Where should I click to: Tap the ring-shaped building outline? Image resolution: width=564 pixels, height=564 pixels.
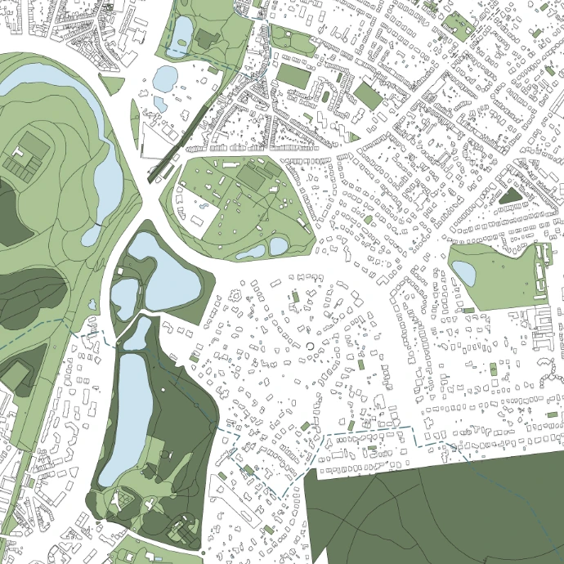(x=311, y=347)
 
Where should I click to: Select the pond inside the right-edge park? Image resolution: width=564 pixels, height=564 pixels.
(x=463, y=272)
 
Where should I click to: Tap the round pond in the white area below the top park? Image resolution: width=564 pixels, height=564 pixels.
(x=165, y=78)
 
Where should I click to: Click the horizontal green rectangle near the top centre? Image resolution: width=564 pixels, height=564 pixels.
(x=293, y=76)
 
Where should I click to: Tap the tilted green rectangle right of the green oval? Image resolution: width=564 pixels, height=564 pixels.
(x=369, y=96)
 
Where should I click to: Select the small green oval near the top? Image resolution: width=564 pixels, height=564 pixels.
(x=326, y=96)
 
